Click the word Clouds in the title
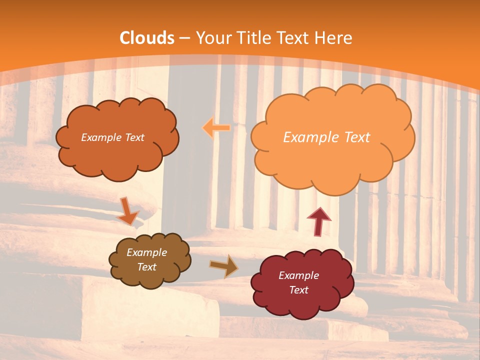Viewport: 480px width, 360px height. (147, 38)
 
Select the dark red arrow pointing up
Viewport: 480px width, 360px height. (318, 220)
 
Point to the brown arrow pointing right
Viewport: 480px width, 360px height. (223, 265)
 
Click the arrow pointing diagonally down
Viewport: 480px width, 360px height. (128, 211)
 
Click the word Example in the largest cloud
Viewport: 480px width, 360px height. (308, 137)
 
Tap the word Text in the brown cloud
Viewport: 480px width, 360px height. (147, 267)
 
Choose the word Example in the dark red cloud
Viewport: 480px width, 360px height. (298, 275)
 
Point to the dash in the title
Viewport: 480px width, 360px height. (184, 38)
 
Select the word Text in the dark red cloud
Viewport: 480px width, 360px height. (298, 290)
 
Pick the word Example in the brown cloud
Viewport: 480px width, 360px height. (147, 252)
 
